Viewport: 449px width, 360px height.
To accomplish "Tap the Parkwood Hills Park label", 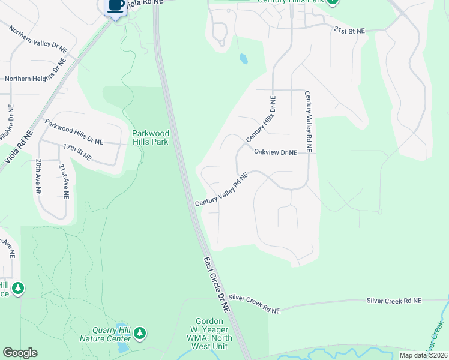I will (x=151, y=137).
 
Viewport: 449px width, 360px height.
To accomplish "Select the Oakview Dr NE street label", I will (x=276, y=153).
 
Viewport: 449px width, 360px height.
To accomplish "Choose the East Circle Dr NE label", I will (x=217, y=284).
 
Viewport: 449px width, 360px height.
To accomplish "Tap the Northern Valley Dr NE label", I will (x=37, y=39).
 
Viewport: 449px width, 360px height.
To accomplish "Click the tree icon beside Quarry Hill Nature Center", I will (x=140, y=332).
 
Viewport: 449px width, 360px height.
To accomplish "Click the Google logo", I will (x=20, y=353).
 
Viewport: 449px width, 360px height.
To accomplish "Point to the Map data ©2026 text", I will (x=423, y=355).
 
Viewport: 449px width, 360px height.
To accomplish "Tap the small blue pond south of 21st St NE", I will (x=243, y=59).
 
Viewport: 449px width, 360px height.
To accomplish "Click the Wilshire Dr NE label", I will (x=8, y=127).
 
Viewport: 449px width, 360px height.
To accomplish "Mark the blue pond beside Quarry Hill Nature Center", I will (x=122, y=346).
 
